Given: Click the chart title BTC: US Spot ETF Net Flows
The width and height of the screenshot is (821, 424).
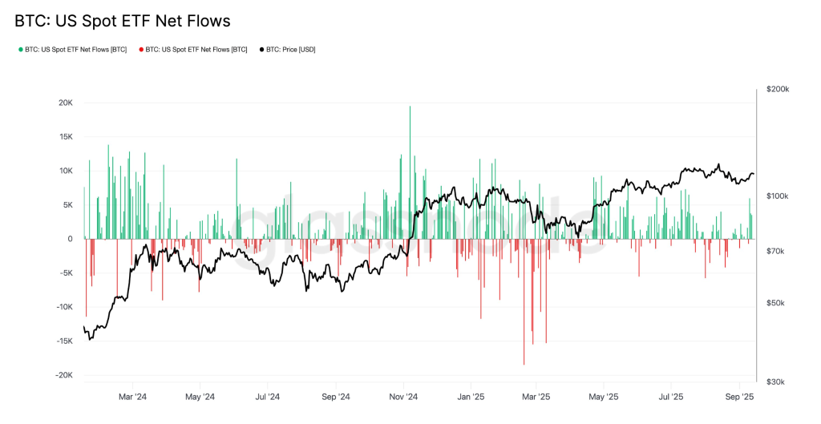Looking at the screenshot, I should point(122,22).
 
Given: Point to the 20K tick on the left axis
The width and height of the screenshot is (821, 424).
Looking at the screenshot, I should point(65,103).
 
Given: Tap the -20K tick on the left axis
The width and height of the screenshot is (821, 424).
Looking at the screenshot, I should point(63,375).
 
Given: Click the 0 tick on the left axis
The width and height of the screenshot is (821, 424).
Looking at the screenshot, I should point(70,239).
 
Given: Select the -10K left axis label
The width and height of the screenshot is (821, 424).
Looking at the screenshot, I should point(63,307).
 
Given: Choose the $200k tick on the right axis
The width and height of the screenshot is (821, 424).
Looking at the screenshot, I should point(778,89).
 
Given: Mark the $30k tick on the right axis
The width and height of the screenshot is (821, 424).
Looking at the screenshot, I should point(776,382).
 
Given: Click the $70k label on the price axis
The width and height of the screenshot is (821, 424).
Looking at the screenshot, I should point(776,252).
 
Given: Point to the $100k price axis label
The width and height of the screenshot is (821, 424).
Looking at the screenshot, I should point(778,196).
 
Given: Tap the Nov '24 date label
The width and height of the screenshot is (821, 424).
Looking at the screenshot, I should point(404,397).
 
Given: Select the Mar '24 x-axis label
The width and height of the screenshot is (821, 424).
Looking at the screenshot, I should point(132,397).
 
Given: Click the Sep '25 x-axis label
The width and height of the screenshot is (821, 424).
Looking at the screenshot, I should point(739,397).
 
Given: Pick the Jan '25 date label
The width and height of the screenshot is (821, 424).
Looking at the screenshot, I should point(471,397).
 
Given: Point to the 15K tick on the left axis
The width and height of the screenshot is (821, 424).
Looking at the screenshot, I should point(65,137).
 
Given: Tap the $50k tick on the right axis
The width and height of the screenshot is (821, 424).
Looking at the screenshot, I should point(776,303).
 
